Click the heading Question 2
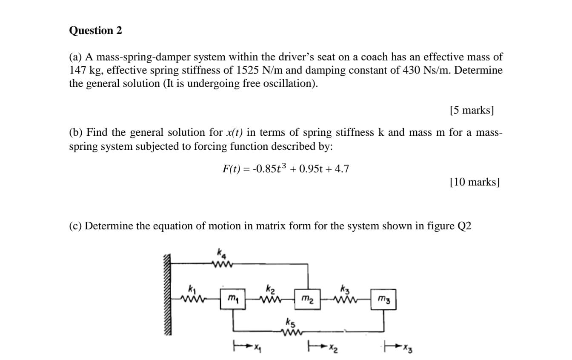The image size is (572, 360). [95, 31]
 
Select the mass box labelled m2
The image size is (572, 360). [308, 296]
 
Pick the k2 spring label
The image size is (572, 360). [270, 283]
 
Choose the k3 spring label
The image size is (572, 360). [345, 283]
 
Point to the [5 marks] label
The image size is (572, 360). [472, 111]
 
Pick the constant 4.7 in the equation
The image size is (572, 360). [342, 169]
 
